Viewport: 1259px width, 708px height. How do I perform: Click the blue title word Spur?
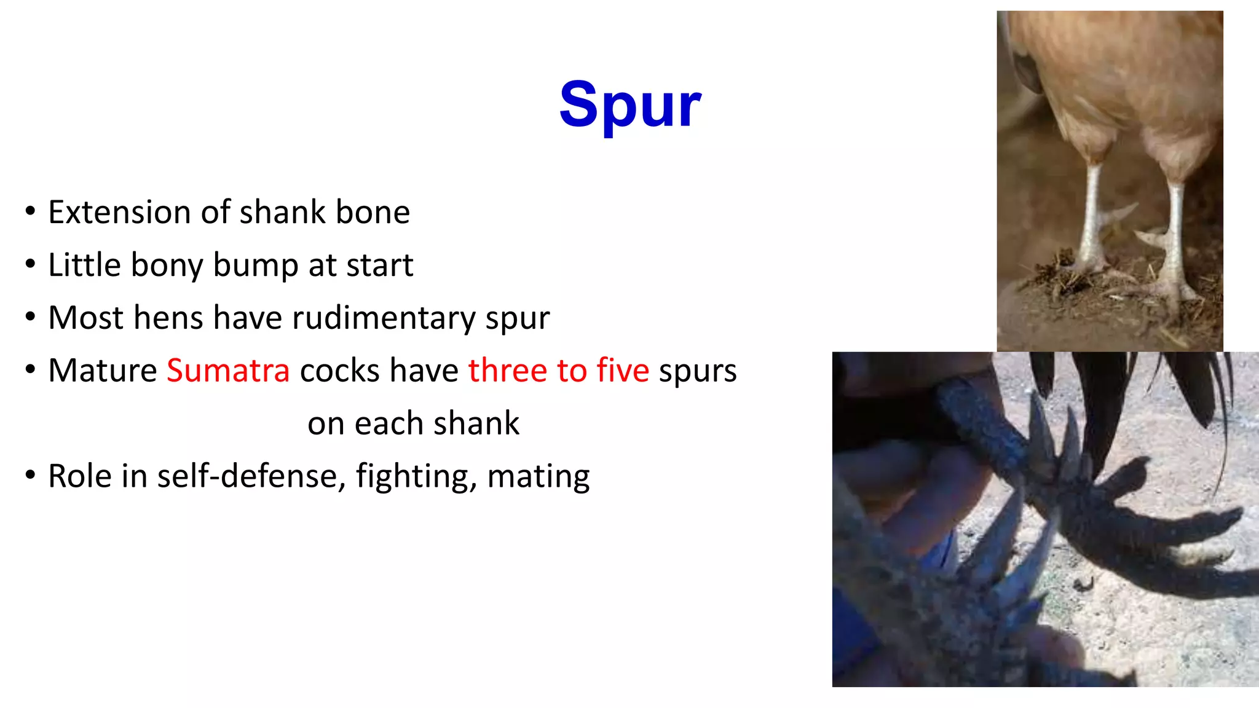pos(629,106)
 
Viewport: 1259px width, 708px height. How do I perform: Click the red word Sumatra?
pos(228,371)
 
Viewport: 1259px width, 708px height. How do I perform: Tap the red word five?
pos(622,371)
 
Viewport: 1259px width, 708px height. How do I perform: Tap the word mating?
pos(538,476)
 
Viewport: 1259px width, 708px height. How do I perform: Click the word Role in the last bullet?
pos(79,476)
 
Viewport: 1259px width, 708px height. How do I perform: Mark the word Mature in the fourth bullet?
pos(103,371)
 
